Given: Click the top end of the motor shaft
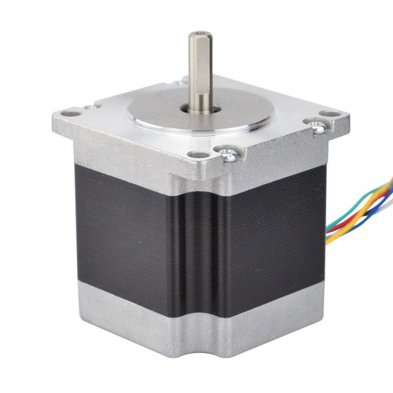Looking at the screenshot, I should [x=196, y=34].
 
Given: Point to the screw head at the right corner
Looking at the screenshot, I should [x=318, y=126].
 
